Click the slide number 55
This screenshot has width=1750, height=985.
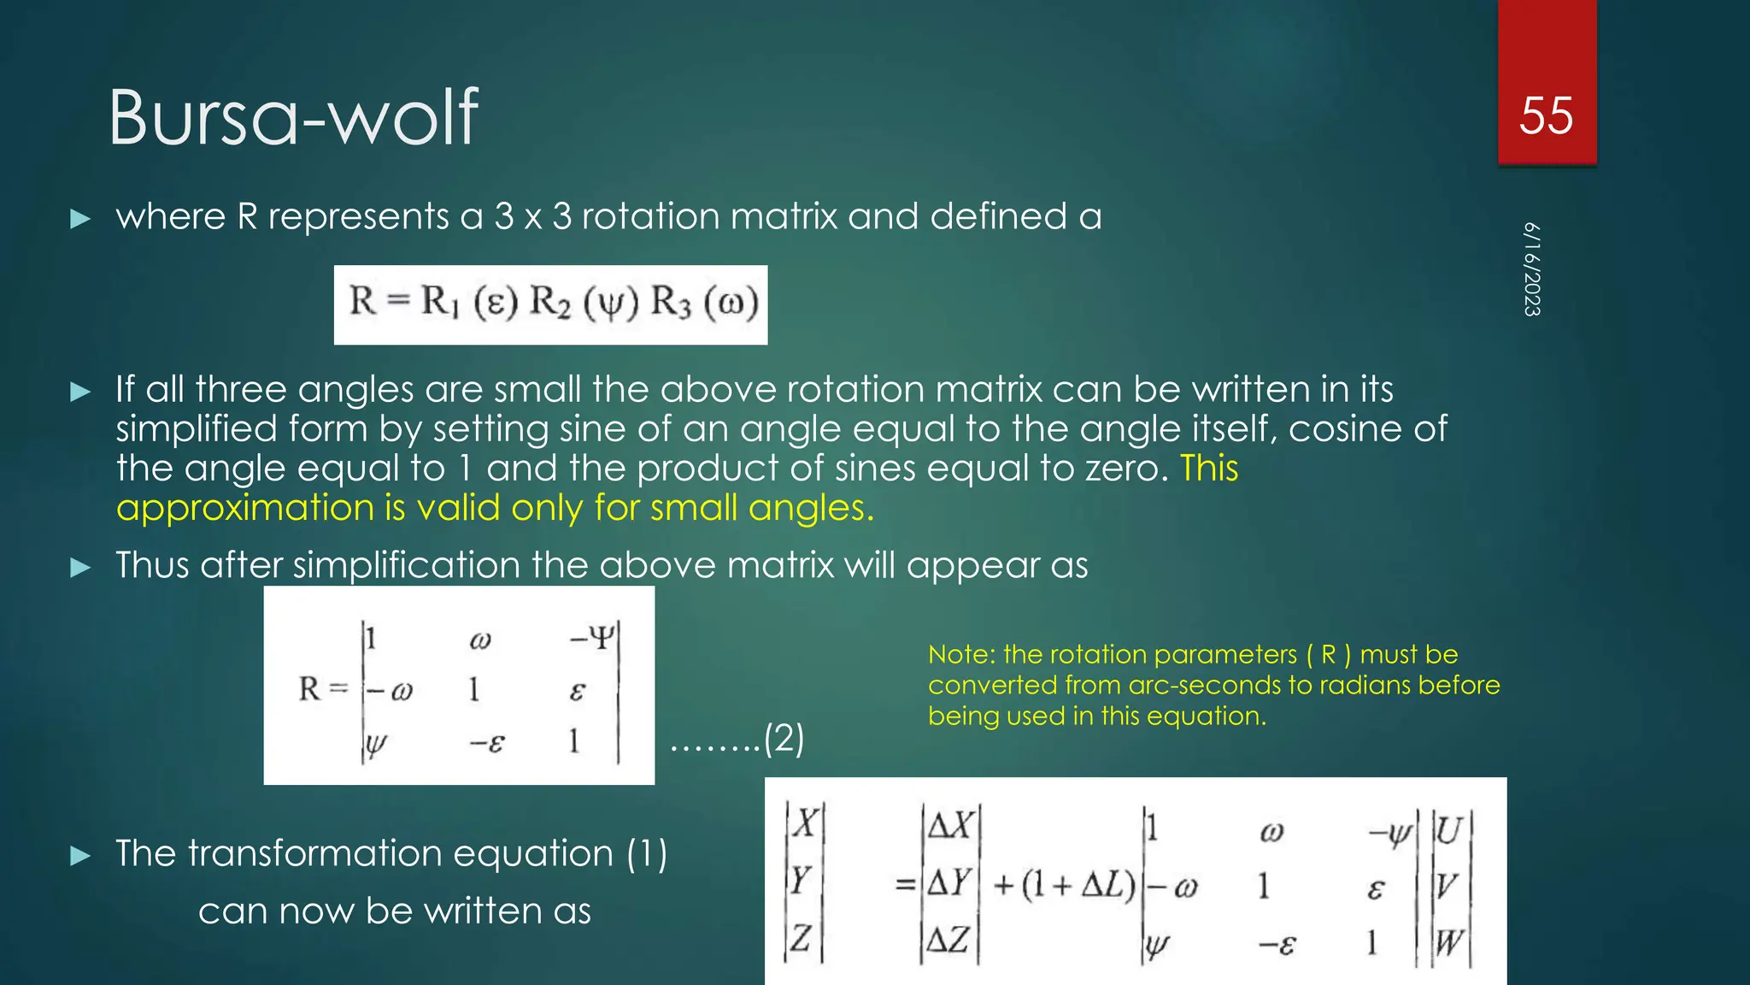1546,115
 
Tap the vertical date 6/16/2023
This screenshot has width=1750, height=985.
1532,269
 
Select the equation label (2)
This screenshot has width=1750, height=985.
784,738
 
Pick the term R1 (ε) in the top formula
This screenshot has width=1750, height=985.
469,303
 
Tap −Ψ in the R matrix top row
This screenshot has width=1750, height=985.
591,638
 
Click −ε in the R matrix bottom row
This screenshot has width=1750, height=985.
487,742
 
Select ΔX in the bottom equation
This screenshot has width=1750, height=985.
951,826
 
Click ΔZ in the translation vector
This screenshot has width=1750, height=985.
948,941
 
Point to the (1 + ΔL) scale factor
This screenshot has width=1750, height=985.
1064,884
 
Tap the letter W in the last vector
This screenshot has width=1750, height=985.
1448,942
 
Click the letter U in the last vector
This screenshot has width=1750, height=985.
1448,829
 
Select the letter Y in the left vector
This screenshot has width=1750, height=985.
801,881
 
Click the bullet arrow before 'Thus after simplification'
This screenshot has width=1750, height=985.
80,567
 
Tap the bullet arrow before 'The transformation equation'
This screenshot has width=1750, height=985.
80,855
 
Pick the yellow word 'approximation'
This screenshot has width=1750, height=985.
245,508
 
